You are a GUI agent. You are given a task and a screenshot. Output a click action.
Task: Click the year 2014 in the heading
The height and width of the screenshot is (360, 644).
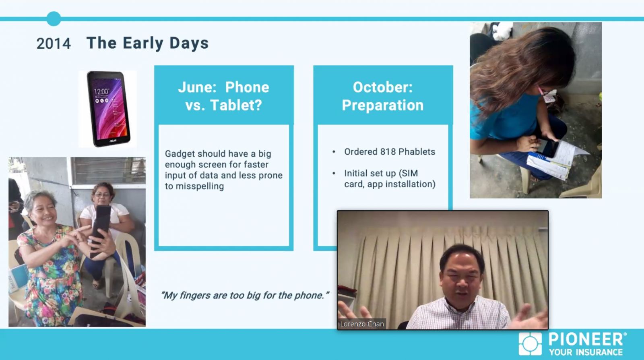(54, 44)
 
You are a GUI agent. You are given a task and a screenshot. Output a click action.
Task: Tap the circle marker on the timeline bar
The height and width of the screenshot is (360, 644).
(54, 19)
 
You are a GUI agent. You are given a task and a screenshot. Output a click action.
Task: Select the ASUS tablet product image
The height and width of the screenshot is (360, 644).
(108, 109)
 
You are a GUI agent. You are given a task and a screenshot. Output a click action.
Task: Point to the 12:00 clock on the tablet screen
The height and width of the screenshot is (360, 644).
(101, 92)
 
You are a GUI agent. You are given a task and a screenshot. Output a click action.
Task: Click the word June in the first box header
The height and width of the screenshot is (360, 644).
(197, 87)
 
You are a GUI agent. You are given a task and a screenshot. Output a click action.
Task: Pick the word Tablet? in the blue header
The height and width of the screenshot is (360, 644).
(236, 105)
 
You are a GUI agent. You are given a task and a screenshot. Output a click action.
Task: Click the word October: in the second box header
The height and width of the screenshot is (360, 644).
(383, 87)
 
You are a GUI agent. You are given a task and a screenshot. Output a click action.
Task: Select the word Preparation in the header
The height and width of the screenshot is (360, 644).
(383, 105)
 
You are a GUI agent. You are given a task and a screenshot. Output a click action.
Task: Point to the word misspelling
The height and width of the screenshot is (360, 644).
(200, 186)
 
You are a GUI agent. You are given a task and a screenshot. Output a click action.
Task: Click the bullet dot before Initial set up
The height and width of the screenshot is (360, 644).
(334, 174)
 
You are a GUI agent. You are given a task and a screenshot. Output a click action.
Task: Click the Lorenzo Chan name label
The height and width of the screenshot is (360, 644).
(362, 324)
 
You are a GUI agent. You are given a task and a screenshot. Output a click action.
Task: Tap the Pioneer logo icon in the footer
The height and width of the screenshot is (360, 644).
(530, 344)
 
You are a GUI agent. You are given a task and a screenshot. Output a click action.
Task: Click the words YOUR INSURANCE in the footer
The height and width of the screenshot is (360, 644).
(586, 352)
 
